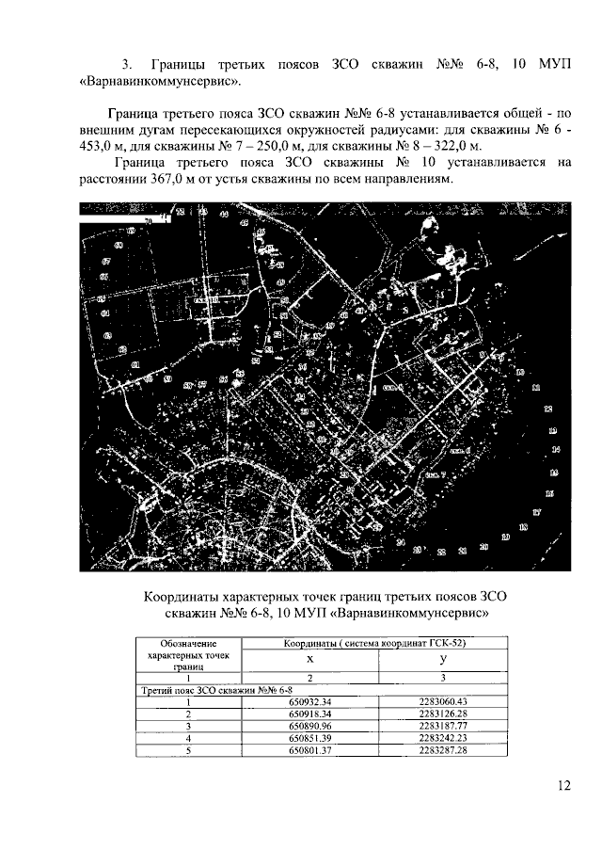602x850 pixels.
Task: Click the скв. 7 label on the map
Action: click(434, 475)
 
